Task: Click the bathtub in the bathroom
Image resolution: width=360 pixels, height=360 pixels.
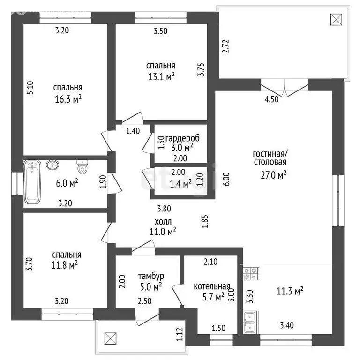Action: (x=32, y=182)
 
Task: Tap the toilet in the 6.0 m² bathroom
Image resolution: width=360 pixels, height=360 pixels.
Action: (x=82, y=167)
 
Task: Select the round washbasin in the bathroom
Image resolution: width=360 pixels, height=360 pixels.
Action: (x=52, y=165)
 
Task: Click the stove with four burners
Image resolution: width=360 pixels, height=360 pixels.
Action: (x=251, y=274)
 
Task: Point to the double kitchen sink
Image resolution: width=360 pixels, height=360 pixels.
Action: (x=251, y=322)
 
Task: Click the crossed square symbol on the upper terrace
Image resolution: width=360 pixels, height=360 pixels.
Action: (x=336, y=19)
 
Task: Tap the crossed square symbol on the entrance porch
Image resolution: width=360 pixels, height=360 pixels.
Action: (x=111, y=338)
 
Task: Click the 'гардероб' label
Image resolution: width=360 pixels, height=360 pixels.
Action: (x=182, y=138)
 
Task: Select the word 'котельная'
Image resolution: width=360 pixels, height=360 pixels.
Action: (x=212, y=286)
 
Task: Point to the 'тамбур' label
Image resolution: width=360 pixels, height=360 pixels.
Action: (x=151, y=276)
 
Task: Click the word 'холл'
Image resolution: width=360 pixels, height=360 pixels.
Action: (x=163, y=222)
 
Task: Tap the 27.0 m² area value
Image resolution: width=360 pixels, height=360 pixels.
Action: (x=273, y=175)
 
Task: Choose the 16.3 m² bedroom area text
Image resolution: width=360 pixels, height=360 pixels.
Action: (x=68, y=99)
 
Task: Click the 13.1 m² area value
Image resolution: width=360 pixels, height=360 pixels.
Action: (x=161, y=76)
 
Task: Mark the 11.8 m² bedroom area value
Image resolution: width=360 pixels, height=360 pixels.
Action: (x=65, y=265)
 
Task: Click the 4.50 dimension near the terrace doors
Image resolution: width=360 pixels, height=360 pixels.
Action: (x=271, y=99)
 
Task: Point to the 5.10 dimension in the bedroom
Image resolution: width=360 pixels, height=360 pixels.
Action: (x=30, y=88)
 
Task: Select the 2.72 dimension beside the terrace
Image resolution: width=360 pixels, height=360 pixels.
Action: (x=225, y=46)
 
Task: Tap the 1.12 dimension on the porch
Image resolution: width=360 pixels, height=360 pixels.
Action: (x=180, y=334)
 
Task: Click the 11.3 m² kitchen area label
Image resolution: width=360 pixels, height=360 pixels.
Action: (x=290, y=291)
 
